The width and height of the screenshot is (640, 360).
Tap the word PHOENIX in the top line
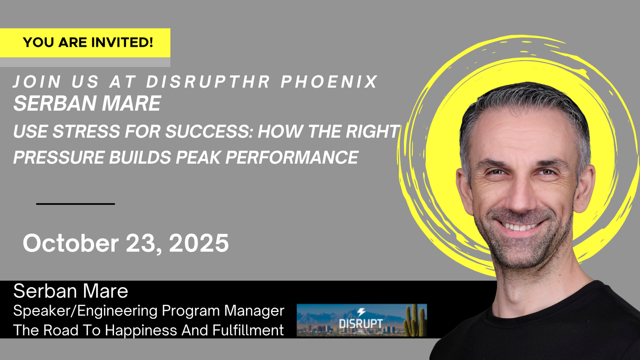click(329, 82)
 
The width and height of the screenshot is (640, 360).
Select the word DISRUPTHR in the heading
click(208, 82)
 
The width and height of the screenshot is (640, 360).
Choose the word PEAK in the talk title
click(198, 157)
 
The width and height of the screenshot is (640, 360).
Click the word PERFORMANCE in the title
click(292, 157)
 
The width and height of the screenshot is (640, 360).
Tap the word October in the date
click(70, 243)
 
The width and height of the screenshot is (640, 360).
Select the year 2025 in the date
click(199, 243)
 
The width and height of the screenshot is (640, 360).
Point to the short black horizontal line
click(76, 204)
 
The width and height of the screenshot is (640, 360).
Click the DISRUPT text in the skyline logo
click(360, 324)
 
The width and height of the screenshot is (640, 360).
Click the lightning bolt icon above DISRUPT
click(361, 312)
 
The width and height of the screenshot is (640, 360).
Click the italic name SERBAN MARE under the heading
click(87, 103)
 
